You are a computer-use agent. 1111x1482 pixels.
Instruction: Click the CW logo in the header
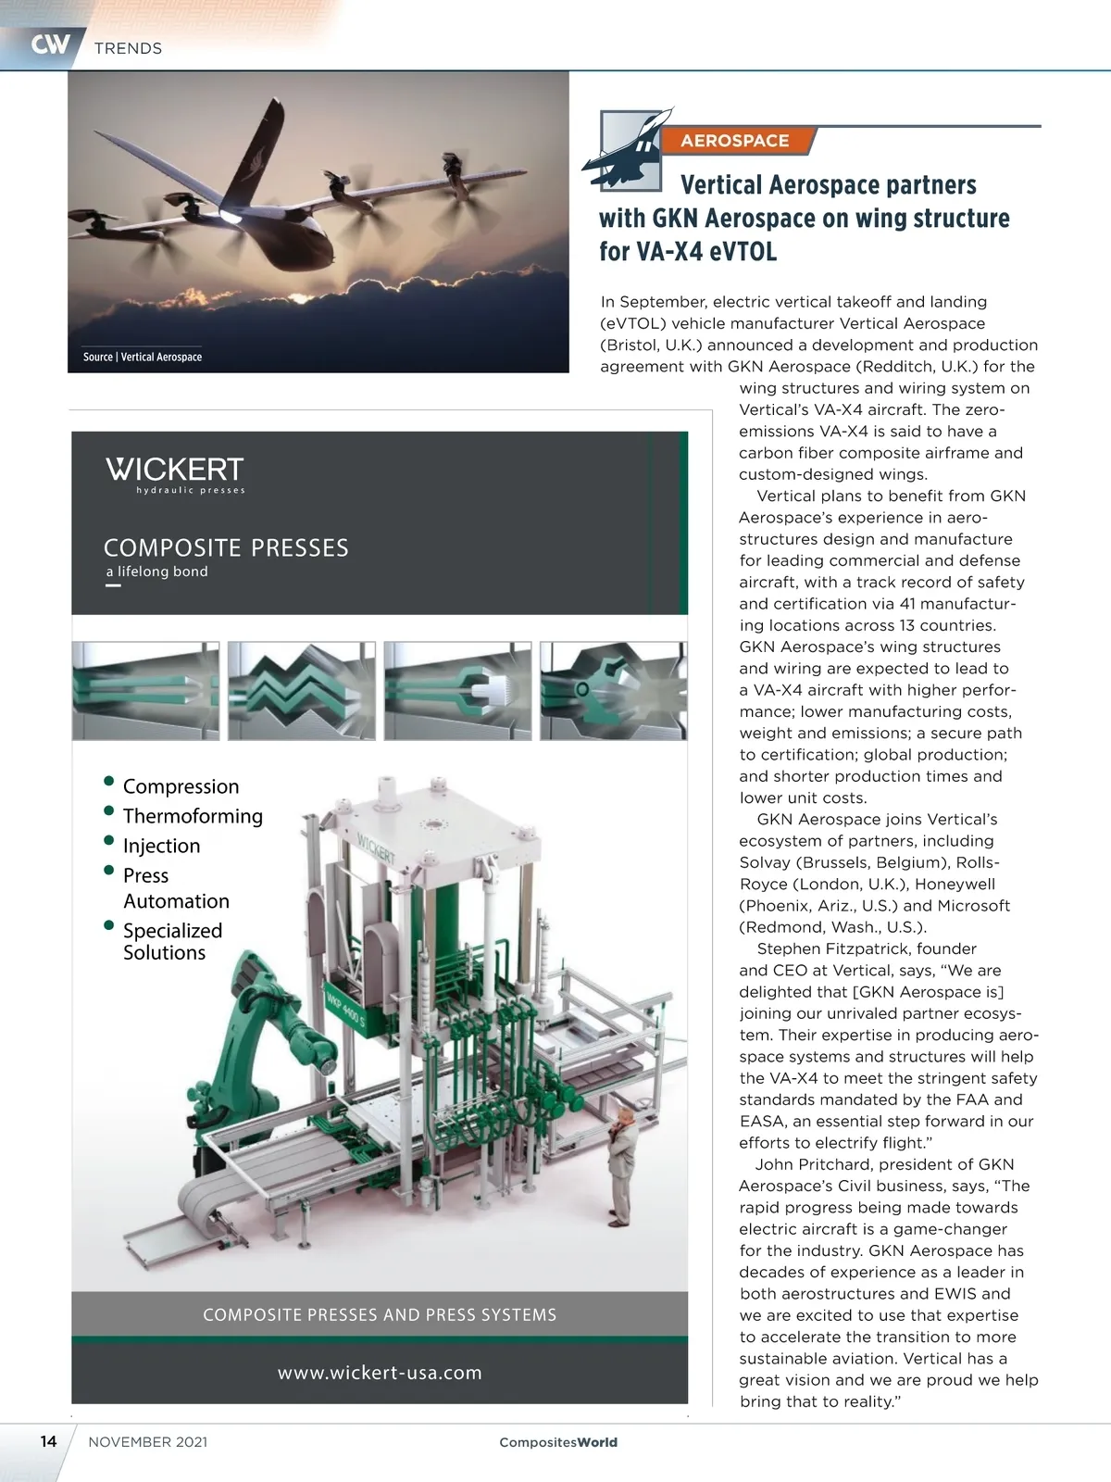50,44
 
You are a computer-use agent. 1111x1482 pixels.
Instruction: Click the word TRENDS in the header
128,48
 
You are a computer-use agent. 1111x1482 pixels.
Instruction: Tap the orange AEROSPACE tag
735,141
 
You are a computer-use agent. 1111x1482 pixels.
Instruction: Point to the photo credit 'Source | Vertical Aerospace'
143,357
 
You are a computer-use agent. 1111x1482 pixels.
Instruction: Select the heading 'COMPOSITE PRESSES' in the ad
226,548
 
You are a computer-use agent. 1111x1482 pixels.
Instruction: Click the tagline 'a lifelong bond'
157,571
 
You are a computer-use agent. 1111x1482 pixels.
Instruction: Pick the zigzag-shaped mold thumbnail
302,690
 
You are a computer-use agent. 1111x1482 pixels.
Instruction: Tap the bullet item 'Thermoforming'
193,816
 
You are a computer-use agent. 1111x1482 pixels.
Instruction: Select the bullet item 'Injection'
161,846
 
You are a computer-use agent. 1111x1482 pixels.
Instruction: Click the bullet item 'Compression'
181,786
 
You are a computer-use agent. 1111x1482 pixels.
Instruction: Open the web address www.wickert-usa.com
380,1373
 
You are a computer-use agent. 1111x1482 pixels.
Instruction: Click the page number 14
48,1441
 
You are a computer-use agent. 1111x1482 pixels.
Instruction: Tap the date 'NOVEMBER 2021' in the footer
148,1442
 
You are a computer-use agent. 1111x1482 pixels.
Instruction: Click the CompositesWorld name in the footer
558,1442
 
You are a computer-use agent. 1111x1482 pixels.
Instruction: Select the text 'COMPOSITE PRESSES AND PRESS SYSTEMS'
380,1315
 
